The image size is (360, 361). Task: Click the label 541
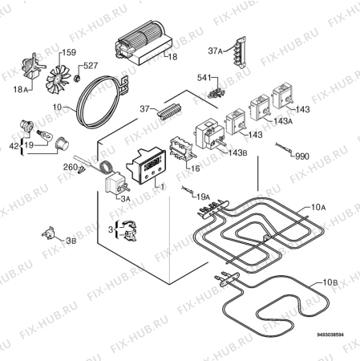tap(204, 78)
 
